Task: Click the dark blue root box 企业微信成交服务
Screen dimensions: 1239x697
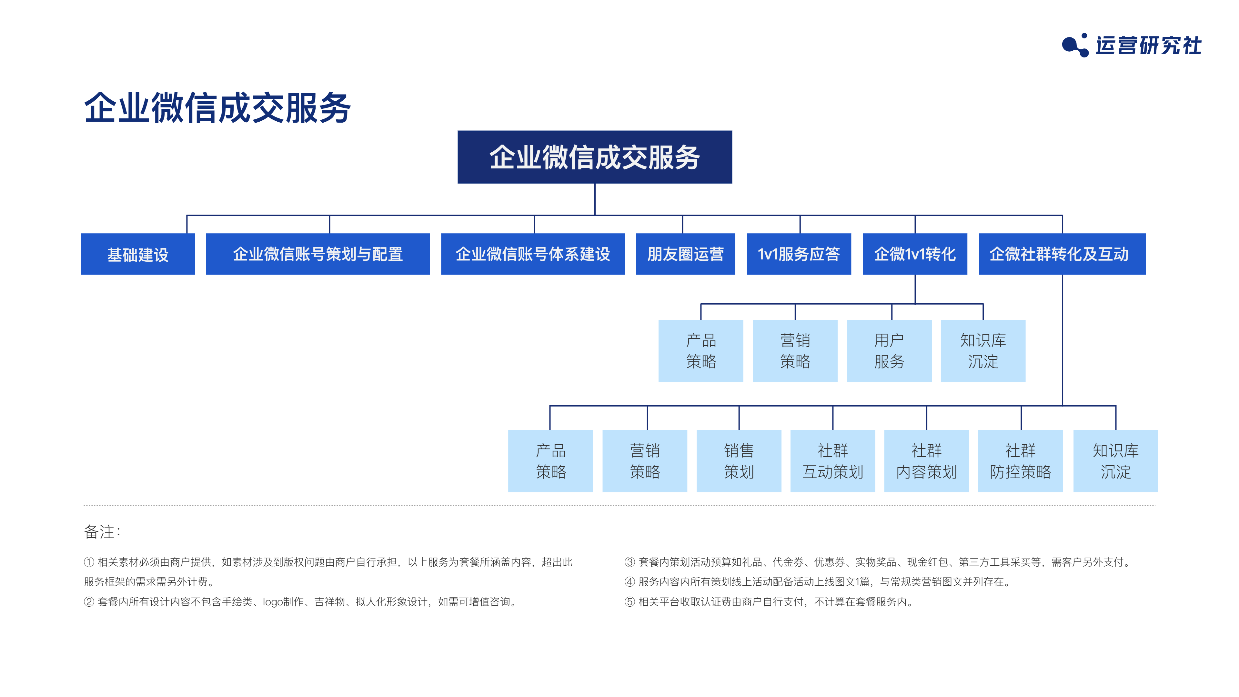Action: (x=594, y=157)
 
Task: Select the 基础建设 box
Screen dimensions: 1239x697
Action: (x=137, y=254)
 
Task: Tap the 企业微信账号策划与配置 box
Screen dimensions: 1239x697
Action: (x=317, y=254)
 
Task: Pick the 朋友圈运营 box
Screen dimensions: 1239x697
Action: (x=685, y=254)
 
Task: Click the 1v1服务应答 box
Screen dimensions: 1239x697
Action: (x=799, y=254)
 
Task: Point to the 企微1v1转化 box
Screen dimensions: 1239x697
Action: (x=915, y=254)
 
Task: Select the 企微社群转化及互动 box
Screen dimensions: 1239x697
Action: (x=1062, y=254)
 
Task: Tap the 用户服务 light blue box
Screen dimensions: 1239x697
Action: (x=889, y=351)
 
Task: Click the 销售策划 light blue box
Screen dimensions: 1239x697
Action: (x=739, y=461)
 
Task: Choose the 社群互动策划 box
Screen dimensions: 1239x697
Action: (x=832, y=461)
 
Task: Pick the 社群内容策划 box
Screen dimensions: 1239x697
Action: (x=926, y=461)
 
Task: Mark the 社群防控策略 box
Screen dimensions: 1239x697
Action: (x=1020, y=461)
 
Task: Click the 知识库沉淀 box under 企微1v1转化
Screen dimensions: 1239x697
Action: (x=982, y=351)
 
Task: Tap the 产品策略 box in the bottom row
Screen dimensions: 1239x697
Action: (x=550, y=461)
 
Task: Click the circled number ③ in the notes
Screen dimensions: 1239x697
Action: (x=630, y=562)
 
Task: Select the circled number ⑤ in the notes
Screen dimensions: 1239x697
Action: (x=630, y=602)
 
